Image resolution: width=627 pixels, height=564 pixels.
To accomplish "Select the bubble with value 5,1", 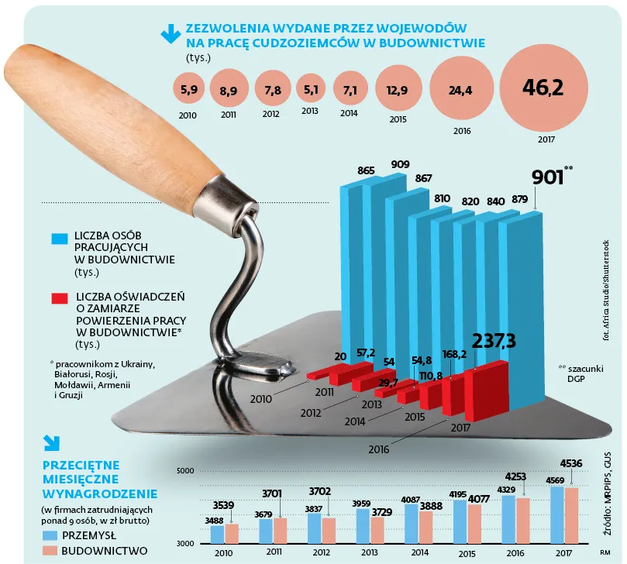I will pos(310,89).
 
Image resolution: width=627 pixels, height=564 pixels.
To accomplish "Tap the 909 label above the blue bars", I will pos(401,164).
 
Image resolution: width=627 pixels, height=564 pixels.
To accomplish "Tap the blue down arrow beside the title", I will pos(168,33).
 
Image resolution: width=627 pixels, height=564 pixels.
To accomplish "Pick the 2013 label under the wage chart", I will pos(371,553).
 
